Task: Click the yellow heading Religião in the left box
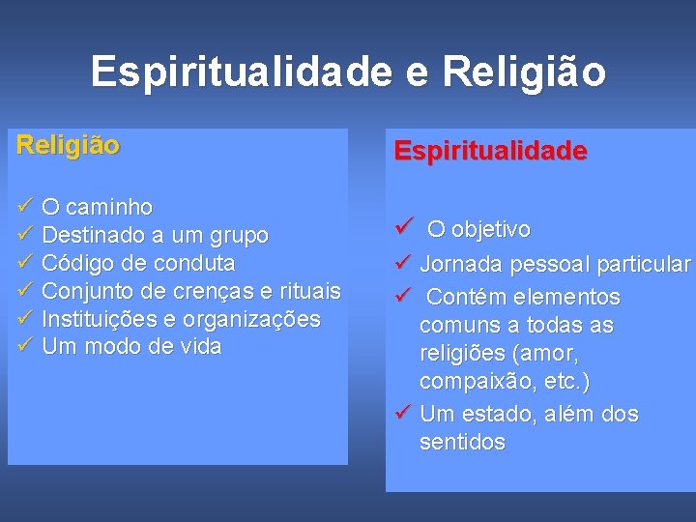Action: pos(68,146)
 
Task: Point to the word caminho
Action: pos(110,207)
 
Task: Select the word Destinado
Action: pos(89,235)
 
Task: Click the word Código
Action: pos(76,263)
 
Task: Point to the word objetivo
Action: pos(491,230)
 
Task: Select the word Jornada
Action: pos(461,265)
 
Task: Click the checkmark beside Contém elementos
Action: pos(403,296)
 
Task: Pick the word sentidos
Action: pos(462,443)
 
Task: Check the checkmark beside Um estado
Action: pos(403,414)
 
